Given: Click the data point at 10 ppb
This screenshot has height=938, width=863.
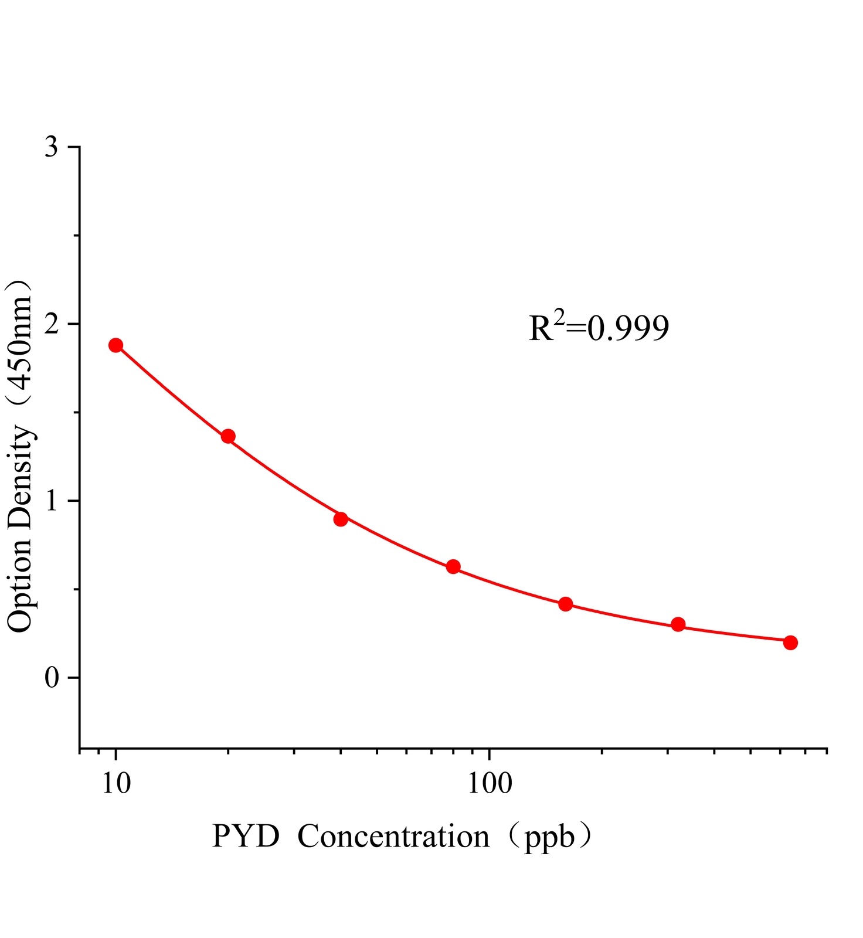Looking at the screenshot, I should (116, 345).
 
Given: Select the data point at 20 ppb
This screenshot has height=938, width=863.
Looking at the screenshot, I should (228, 436).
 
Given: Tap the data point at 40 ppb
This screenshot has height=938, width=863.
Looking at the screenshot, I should (341, 519).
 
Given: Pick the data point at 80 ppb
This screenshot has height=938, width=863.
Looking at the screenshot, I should (453, 566).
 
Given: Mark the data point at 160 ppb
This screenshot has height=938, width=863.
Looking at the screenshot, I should (566, 604).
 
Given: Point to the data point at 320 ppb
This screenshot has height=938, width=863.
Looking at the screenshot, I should (678, 624).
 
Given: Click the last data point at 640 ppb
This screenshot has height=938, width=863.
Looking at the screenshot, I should (790, 643).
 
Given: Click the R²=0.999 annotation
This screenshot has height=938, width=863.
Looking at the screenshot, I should (599, 328).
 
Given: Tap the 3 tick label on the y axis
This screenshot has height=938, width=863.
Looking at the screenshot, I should (52, 147).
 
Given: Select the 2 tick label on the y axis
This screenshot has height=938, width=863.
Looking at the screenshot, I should (52, 324).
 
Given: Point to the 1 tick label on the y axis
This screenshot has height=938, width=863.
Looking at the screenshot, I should (52, 501).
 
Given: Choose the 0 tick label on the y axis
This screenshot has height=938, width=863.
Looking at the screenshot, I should (52, 678).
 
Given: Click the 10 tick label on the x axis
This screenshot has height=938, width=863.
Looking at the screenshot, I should (116, 783).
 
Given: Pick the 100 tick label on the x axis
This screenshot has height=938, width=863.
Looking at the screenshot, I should (490, 783).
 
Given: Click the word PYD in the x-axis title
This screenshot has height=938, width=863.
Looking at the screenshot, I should (246, 837).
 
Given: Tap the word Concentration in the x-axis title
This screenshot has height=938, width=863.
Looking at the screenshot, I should (393, 837).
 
